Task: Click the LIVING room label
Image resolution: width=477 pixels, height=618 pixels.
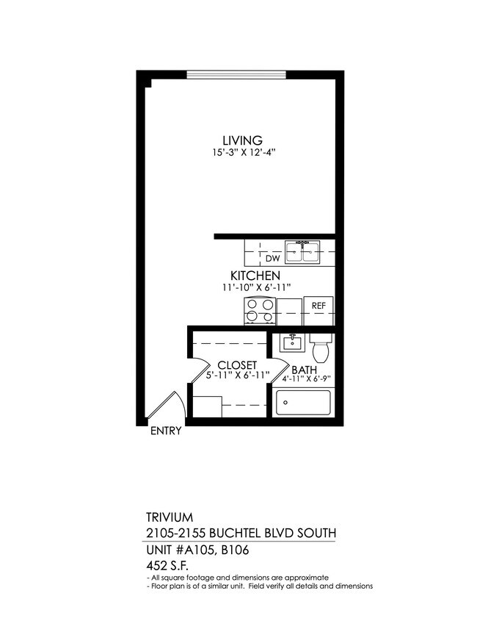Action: (243, 140)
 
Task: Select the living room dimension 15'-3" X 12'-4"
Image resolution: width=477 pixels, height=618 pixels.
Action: (243, 153)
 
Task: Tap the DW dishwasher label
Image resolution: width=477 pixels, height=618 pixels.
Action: (272, 258)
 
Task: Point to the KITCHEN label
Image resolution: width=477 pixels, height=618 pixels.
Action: (255, 276)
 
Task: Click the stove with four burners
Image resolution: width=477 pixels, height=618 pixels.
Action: (261, 311)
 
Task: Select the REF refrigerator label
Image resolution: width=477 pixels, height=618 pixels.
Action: (318, 306)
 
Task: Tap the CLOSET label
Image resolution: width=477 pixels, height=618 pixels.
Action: (237, 365)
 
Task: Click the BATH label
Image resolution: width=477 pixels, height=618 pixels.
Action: (304, 370)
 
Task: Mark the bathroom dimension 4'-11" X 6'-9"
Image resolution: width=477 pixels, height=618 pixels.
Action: (307, 380)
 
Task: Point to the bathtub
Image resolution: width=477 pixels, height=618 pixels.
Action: (302, 403)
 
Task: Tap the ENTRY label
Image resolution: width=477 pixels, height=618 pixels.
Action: (165, 432)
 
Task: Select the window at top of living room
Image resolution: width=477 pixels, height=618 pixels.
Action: (236, 73)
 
